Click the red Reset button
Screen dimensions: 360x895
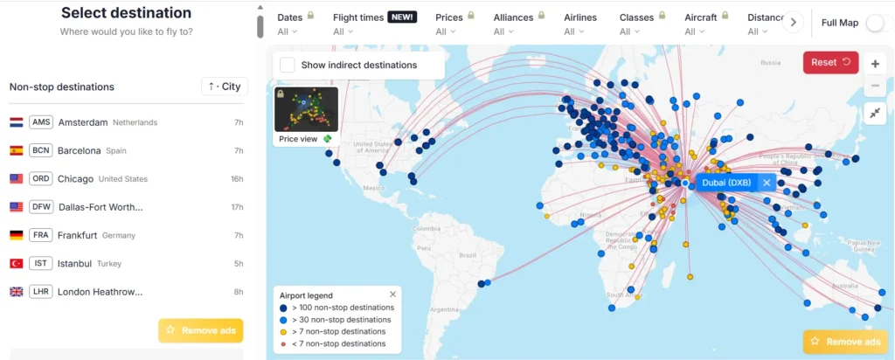(830, 62)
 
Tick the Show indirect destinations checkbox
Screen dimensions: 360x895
(288, 65)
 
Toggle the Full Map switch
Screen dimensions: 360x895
(878, 23)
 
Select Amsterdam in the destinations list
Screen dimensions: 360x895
(83, 122)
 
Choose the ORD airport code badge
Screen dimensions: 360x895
(41, 178)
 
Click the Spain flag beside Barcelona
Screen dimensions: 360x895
(16, 150)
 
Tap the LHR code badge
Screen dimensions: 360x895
(41, 292)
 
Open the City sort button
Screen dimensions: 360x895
(225, 87)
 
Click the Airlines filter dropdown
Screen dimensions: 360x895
(581, 24)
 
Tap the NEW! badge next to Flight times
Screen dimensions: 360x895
(402, 17)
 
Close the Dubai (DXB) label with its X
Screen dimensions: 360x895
(767, 183)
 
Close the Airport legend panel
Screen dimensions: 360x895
(392, 295)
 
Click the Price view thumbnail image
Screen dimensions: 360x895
(306, 109)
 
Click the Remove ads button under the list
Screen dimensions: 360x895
(200, 330)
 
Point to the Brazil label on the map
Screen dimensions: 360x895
(466, 255)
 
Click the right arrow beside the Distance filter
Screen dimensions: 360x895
(793, 23)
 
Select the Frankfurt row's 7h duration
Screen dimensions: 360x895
(238, 235)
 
